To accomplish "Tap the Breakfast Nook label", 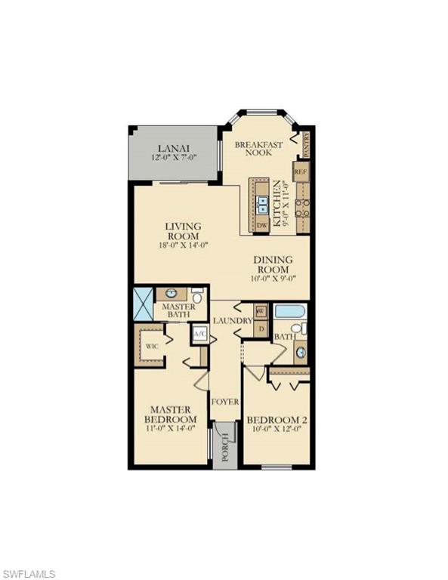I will click(258, 148).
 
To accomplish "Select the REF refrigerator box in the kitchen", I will click(301, 171).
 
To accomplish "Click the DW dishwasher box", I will click(261, 225).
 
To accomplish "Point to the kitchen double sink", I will click(261, 202).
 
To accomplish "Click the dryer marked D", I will click(261, 329).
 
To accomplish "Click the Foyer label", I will click(226, 401).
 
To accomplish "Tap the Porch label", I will click(224, 450).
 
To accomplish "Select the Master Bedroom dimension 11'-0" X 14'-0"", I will click(171, 429).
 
